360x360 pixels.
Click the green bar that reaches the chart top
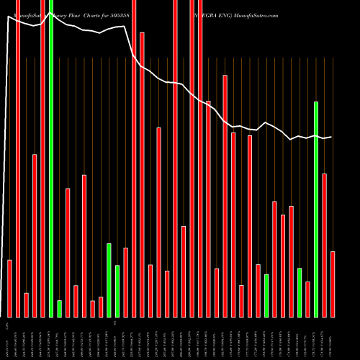pyautogui.click(x=51, y=158)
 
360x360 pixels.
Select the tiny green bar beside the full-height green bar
pyautogui.click(x=59, y=309)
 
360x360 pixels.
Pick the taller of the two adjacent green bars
pyautogui.click(x=109, y=280)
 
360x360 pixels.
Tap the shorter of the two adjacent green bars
pyautogui.click(x=117, y=291)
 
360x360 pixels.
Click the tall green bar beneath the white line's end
pyautogui.click(x=316, y=209)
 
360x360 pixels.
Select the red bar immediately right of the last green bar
pyautogui.click(x=325, y=245)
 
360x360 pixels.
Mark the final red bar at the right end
pyautogui.click(x=333, y=284)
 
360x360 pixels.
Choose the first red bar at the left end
pyautogui.click(x=9, y=288)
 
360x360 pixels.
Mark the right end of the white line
pyautogui.click(x=331, y=137)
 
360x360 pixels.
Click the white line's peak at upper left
pyautogui.click(x=8, y=17)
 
